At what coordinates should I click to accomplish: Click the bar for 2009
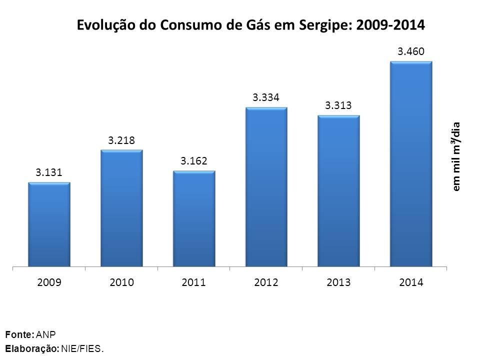(49, 224)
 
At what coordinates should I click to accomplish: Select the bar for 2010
(121, 208)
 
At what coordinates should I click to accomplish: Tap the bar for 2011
(194, 218)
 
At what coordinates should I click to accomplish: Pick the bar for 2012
(266, 187)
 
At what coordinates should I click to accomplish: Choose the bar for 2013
(338, 191)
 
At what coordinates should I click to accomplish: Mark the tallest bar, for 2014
(411, 164)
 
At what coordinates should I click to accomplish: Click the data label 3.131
(48, 172)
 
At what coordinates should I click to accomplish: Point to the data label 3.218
(121, 140)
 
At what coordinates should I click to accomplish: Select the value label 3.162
(194, 161)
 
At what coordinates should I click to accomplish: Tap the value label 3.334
(266, 97)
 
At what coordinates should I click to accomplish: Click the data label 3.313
(338, 105)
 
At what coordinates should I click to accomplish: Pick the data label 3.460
(411, 51)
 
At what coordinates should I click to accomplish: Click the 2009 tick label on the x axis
(49, 282)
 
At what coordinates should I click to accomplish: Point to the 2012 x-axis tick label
(266, 282)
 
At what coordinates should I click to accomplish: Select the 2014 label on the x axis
(411, 282)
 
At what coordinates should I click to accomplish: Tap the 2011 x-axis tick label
(194, 282)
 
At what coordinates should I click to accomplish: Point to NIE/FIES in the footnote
(83, 348)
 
